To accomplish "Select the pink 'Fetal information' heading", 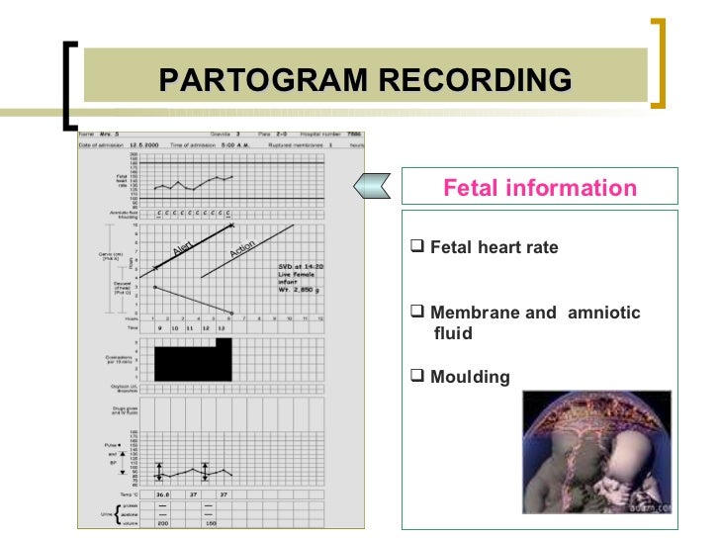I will pos(539,187).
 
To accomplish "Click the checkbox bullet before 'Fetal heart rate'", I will pos(416,246).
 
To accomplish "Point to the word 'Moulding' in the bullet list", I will pos(470,377).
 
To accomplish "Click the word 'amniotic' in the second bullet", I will pos(602,313).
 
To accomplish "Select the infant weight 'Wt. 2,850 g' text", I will pos(290,294).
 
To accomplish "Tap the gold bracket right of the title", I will pos(656,60).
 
